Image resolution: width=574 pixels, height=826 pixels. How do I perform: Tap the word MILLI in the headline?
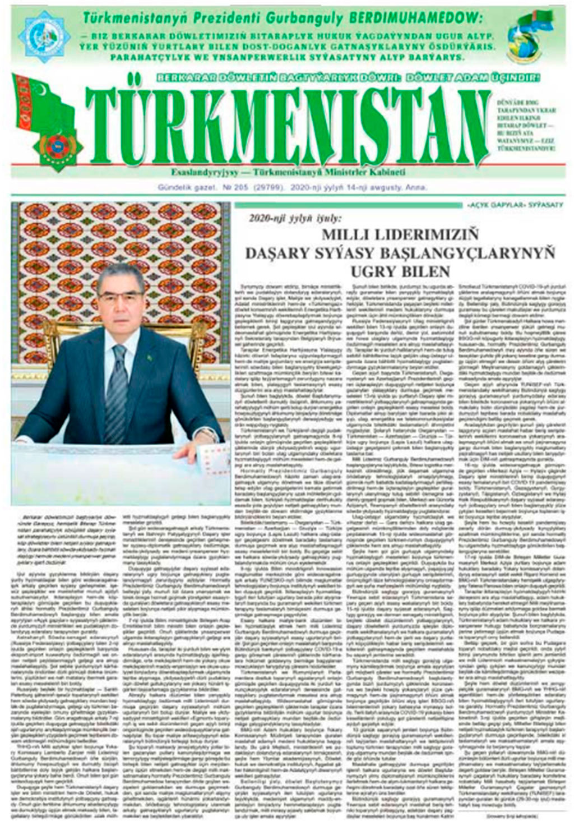tap(353, 235)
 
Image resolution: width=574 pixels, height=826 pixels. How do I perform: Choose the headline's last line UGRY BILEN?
tap(400, 272)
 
